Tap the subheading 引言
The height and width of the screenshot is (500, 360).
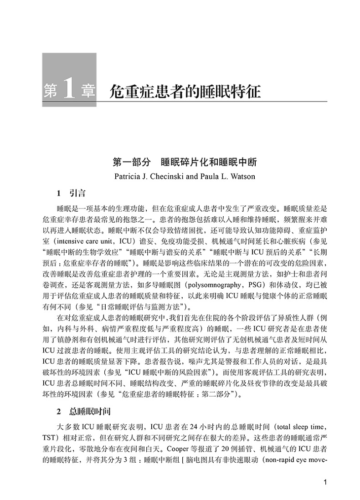tap(75, 193)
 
